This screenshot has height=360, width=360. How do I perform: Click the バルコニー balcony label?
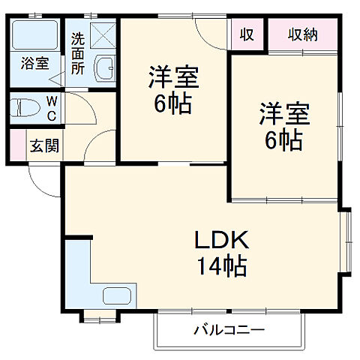click(x=231, y=329)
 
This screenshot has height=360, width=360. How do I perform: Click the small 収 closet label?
click(x=246, y=34)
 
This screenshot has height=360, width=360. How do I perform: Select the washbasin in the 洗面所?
click(x=105, y=69)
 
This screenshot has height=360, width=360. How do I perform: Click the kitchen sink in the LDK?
click(x=116, y=295)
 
